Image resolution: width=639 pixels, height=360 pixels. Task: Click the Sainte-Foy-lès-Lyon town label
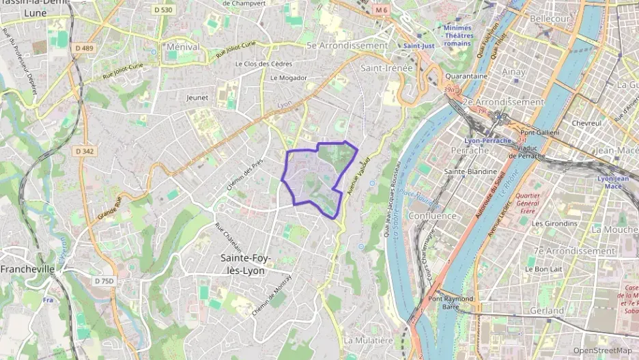point(246,263)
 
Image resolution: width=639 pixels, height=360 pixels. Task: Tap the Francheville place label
point(27,269)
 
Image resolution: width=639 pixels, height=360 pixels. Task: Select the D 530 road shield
point(163,10)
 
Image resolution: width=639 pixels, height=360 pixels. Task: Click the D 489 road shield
point(84,48)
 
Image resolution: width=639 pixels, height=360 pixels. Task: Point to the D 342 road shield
point(85,151)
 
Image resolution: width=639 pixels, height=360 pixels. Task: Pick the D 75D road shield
point(104,281)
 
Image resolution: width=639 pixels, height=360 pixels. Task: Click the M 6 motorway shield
point(382,10)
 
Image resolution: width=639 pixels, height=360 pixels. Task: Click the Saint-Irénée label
point(386,68)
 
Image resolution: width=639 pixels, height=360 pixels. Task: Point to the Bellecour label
point(550,18)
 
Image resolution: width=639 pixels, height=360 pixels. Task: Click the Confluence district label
point(432,216)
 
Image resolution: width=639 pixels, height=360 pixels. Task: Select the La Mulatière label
point(369,340)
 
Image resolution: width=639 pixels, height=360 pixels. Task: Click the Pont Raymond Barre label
point(451,303)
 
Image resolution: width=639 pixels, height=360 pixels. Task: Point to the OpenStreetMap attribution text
point(602,350)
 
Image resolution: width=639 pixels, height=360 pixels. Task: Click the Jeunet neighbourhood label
point(197,98)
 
